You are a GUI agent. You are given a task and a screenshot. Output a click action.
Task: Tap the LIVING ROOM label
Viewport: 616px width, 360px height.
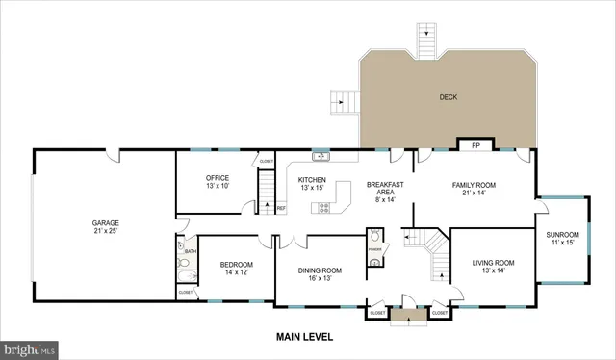tap(492, 262)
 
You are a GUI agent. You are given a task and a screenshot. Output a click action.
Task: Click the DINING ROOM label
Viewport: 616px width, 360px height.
tap(319, 270)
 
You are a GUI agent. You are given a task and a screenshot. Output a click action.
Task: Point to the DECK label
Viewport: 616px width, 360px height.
tap(449, 96)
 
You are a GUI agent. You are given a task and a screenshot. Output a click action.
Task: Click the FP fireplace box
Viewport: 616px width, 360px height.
tap(475, 146)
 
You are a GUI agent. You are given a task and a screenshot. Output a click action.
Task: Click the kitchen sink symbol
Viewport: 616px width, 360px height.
tap(321, 156)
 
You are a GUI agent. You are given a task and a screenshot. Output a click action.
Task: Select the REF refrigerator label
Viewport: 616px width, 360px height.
tap(281, 208)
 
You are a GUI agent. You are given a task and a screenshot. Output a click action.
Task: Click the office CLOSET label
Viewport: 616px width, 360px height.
tap(267, 161)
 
